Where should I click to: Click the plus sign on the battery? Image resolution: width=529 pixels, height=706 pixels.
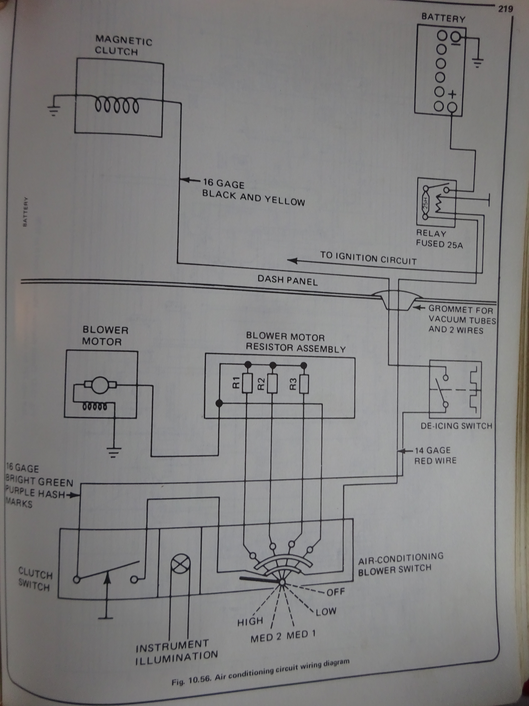pyautogui.click(x=453, y=94)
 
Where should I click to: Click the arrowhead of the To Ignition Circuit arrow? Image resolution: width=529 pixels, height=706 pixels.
pyautogui.click(x=292, y=260)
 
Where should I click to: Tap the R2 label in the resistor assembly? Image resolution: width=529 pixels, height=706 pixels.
pyautogui.click(x=261, y=383)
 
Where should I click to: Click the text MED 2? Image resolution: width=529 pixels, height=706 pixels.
pyautogui.click(x=266, y=638)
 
